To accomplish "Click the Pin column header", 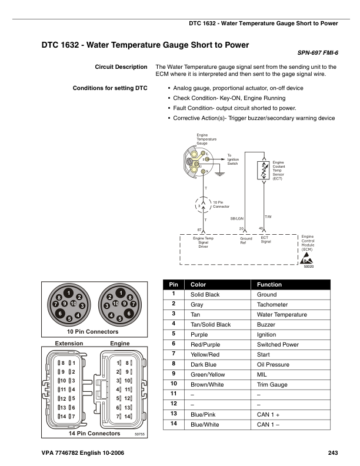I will [x=174, y=284].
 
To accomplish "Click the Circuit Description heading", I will [x=121, y=67].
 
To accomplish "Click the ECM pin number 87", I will [x=200, y=228].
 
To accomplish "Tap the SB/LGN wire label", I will [x=237, y=218].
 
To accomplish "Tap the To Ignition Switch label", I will [x=234, y=159].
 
